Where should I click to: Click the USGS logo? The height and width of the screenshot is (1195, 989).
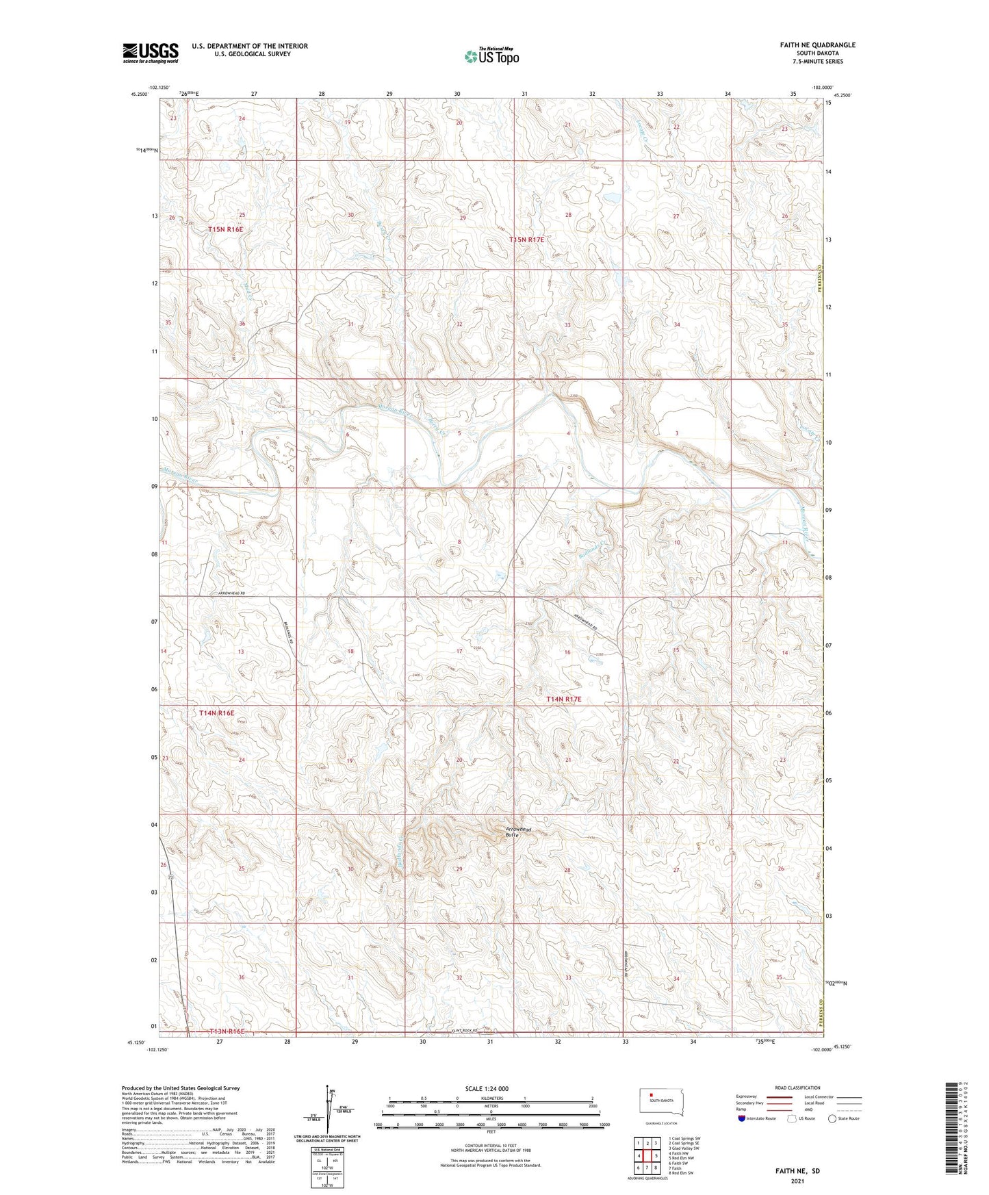(x=150, y=52)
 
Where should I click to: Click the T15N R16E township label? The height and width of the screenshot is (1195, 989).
(x=226, y=229)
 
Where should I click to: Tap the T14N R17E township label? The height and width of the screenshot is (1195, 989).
(x=563, y=699)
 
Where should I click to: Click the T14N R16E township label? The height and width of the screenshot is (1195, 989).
(x=216, y=713)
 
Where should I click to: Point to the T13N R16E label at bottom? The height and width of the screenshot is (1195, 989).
(x=218, y=1031)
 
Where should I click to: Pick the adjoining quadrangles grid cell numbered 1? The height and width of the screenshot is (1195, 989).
(x=638, y=1143)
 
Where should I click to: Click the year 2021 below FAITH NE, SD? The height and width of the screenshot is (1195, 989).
(x=796, y=1181)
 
